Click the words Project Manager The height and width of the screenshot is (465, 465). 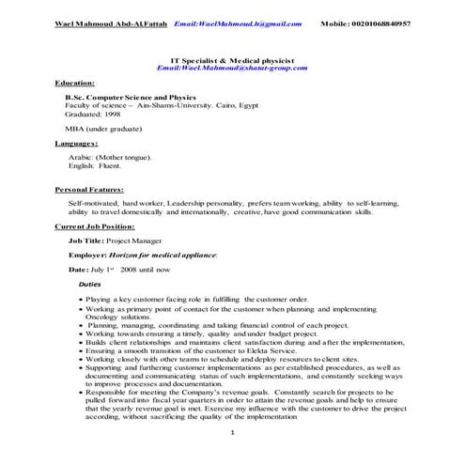point(132,240)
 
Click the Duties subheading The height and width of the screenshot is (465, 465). point(90,283)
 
